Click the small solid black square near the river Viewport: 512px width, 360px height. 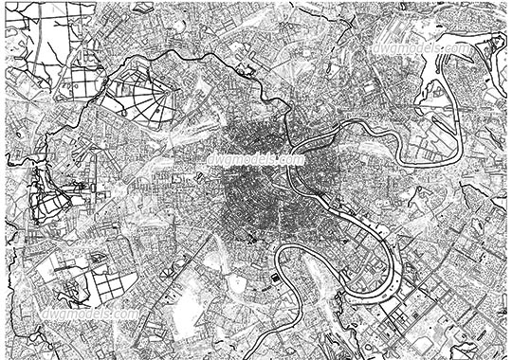(274, 278)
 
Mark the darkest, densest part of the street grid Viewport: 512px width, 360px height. (254, 185)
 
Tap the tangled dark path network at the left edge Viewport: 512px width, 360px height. (43, 194)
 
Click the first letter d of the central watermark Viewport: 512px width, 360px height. (209, 160)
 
